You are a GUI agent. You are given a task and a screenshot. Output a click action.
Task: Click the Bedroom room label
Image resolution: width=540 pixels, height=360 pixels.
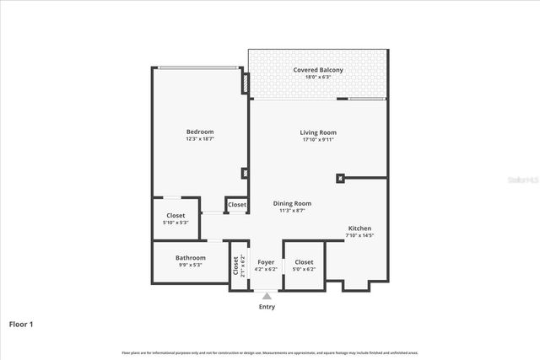point(200,132)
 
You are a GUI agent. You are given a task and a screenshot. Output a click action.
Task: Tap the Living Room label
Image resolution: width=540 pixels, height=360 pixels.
point(318,132)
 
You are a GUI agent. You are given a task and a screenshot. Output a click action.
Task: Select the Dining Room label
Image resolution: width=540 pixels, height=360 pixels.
point(292,203)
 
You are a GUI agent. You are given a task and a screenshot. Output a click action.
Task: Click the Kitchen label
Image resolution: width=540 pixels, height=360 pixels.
point(359,228)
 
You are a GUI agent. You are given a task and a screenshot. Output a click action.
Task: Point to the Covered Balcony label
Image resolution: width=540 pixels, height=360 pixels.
point(317,69)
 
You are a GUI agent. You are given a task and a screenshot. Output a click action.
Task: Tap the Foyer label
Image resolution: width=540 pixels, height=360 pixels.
point(266,262)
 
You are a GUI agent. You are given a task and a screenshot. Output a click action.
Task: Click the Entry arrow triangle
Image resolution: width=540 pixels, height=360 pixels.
point(267,296)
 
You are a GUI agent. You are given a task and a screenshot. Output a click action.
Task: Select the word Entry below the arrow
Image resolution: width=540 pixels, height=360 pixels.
point(267,307)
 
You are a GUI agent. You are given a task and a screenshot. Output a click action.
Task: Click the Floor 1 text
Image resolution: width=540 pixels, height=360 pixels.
point(21,324)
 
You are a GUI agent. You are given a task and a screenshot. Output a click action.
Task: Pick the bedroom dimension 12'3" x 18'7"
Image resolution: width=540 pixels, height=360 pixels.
point(200,139)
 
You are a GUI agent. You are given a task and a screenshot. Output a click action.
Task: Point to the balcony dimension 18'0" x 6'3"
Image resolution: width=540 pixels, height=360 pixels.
point(317,77)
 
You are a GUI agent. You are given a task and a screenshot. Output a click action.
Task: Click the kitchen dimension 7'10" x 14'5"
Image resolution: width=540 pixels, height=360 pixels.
point(359,236)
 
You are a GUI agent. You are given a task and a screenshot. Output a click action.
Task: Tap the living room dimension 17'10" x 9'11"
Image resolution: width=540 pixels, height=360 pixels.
point(318,140)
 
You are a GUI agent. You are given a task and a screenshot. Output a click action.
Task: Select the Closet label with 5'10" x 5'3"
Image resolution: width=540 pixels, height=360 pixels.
point(175,215)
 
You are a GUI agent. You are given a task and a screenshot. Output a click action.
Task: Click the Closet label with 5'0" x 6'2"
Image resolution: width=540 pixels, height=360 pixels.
point(304,262)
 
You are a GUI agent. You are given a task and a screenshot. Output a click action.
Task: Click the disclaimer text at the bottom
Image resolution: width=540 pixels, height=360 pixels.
point(270,352)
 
